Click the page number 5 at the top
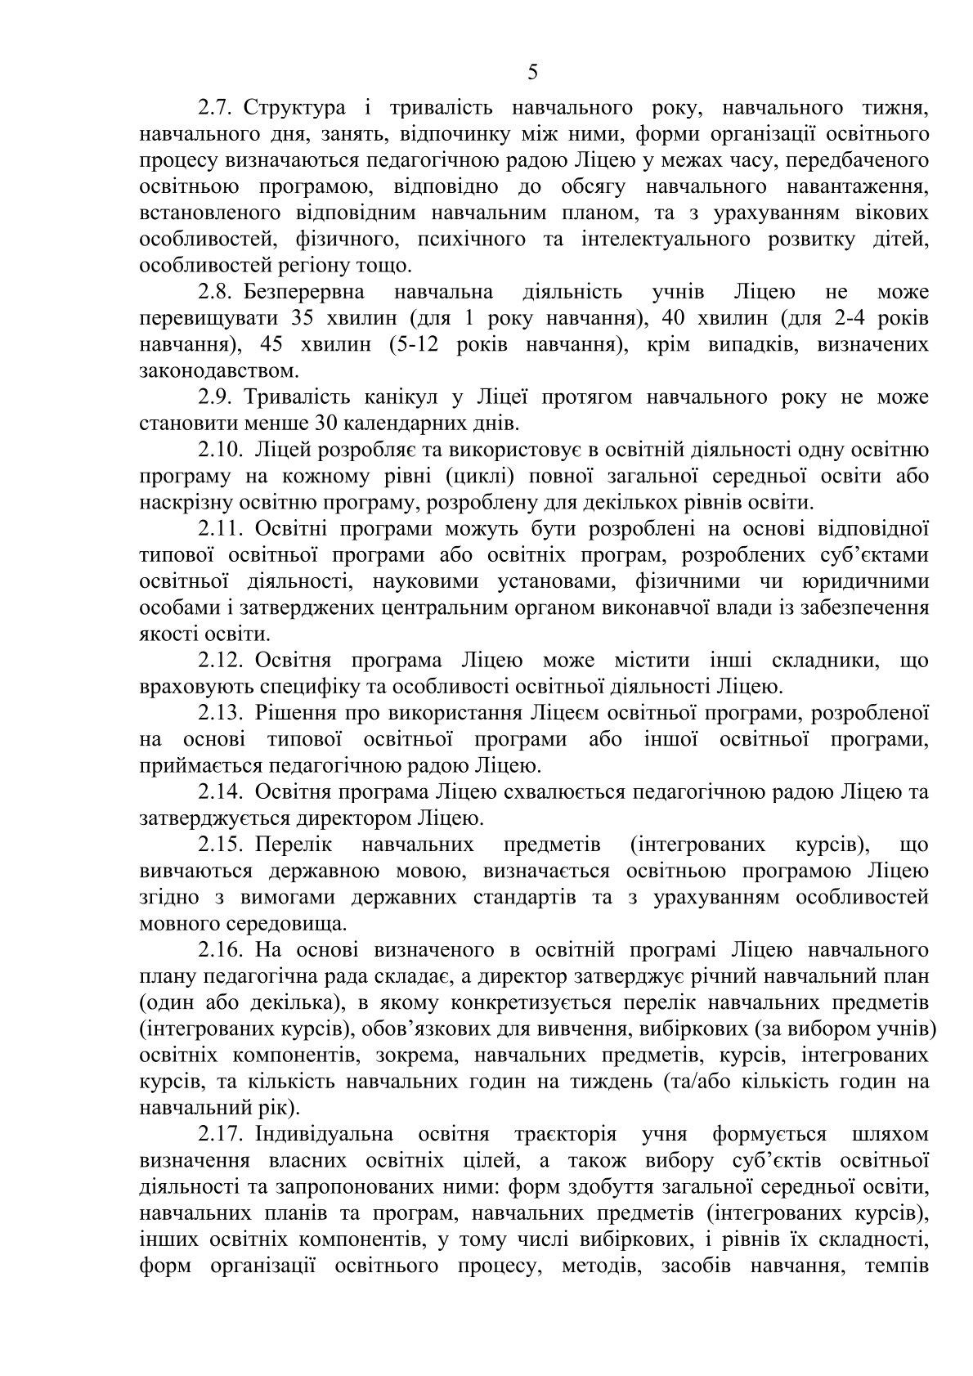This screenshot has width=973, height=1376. click(532, 73)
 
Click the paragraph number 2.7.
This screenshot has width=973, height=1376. click(216, 108)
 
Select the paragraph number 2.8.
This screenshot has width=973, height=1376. click(216, 293)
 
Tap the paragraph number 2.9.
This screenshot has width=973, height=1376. click(216, 398)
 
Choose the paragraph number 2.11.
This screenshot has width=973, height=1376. click(221, 530)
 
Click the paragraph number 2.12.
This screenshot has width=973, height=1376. click(221, 661)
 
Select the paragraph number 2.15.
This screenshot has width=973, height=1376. click(221, 845)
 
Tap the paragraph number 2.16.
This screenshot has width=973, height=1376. click(221, 951)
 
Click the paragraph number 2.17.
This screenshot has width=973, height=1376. click(221, 1135)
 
